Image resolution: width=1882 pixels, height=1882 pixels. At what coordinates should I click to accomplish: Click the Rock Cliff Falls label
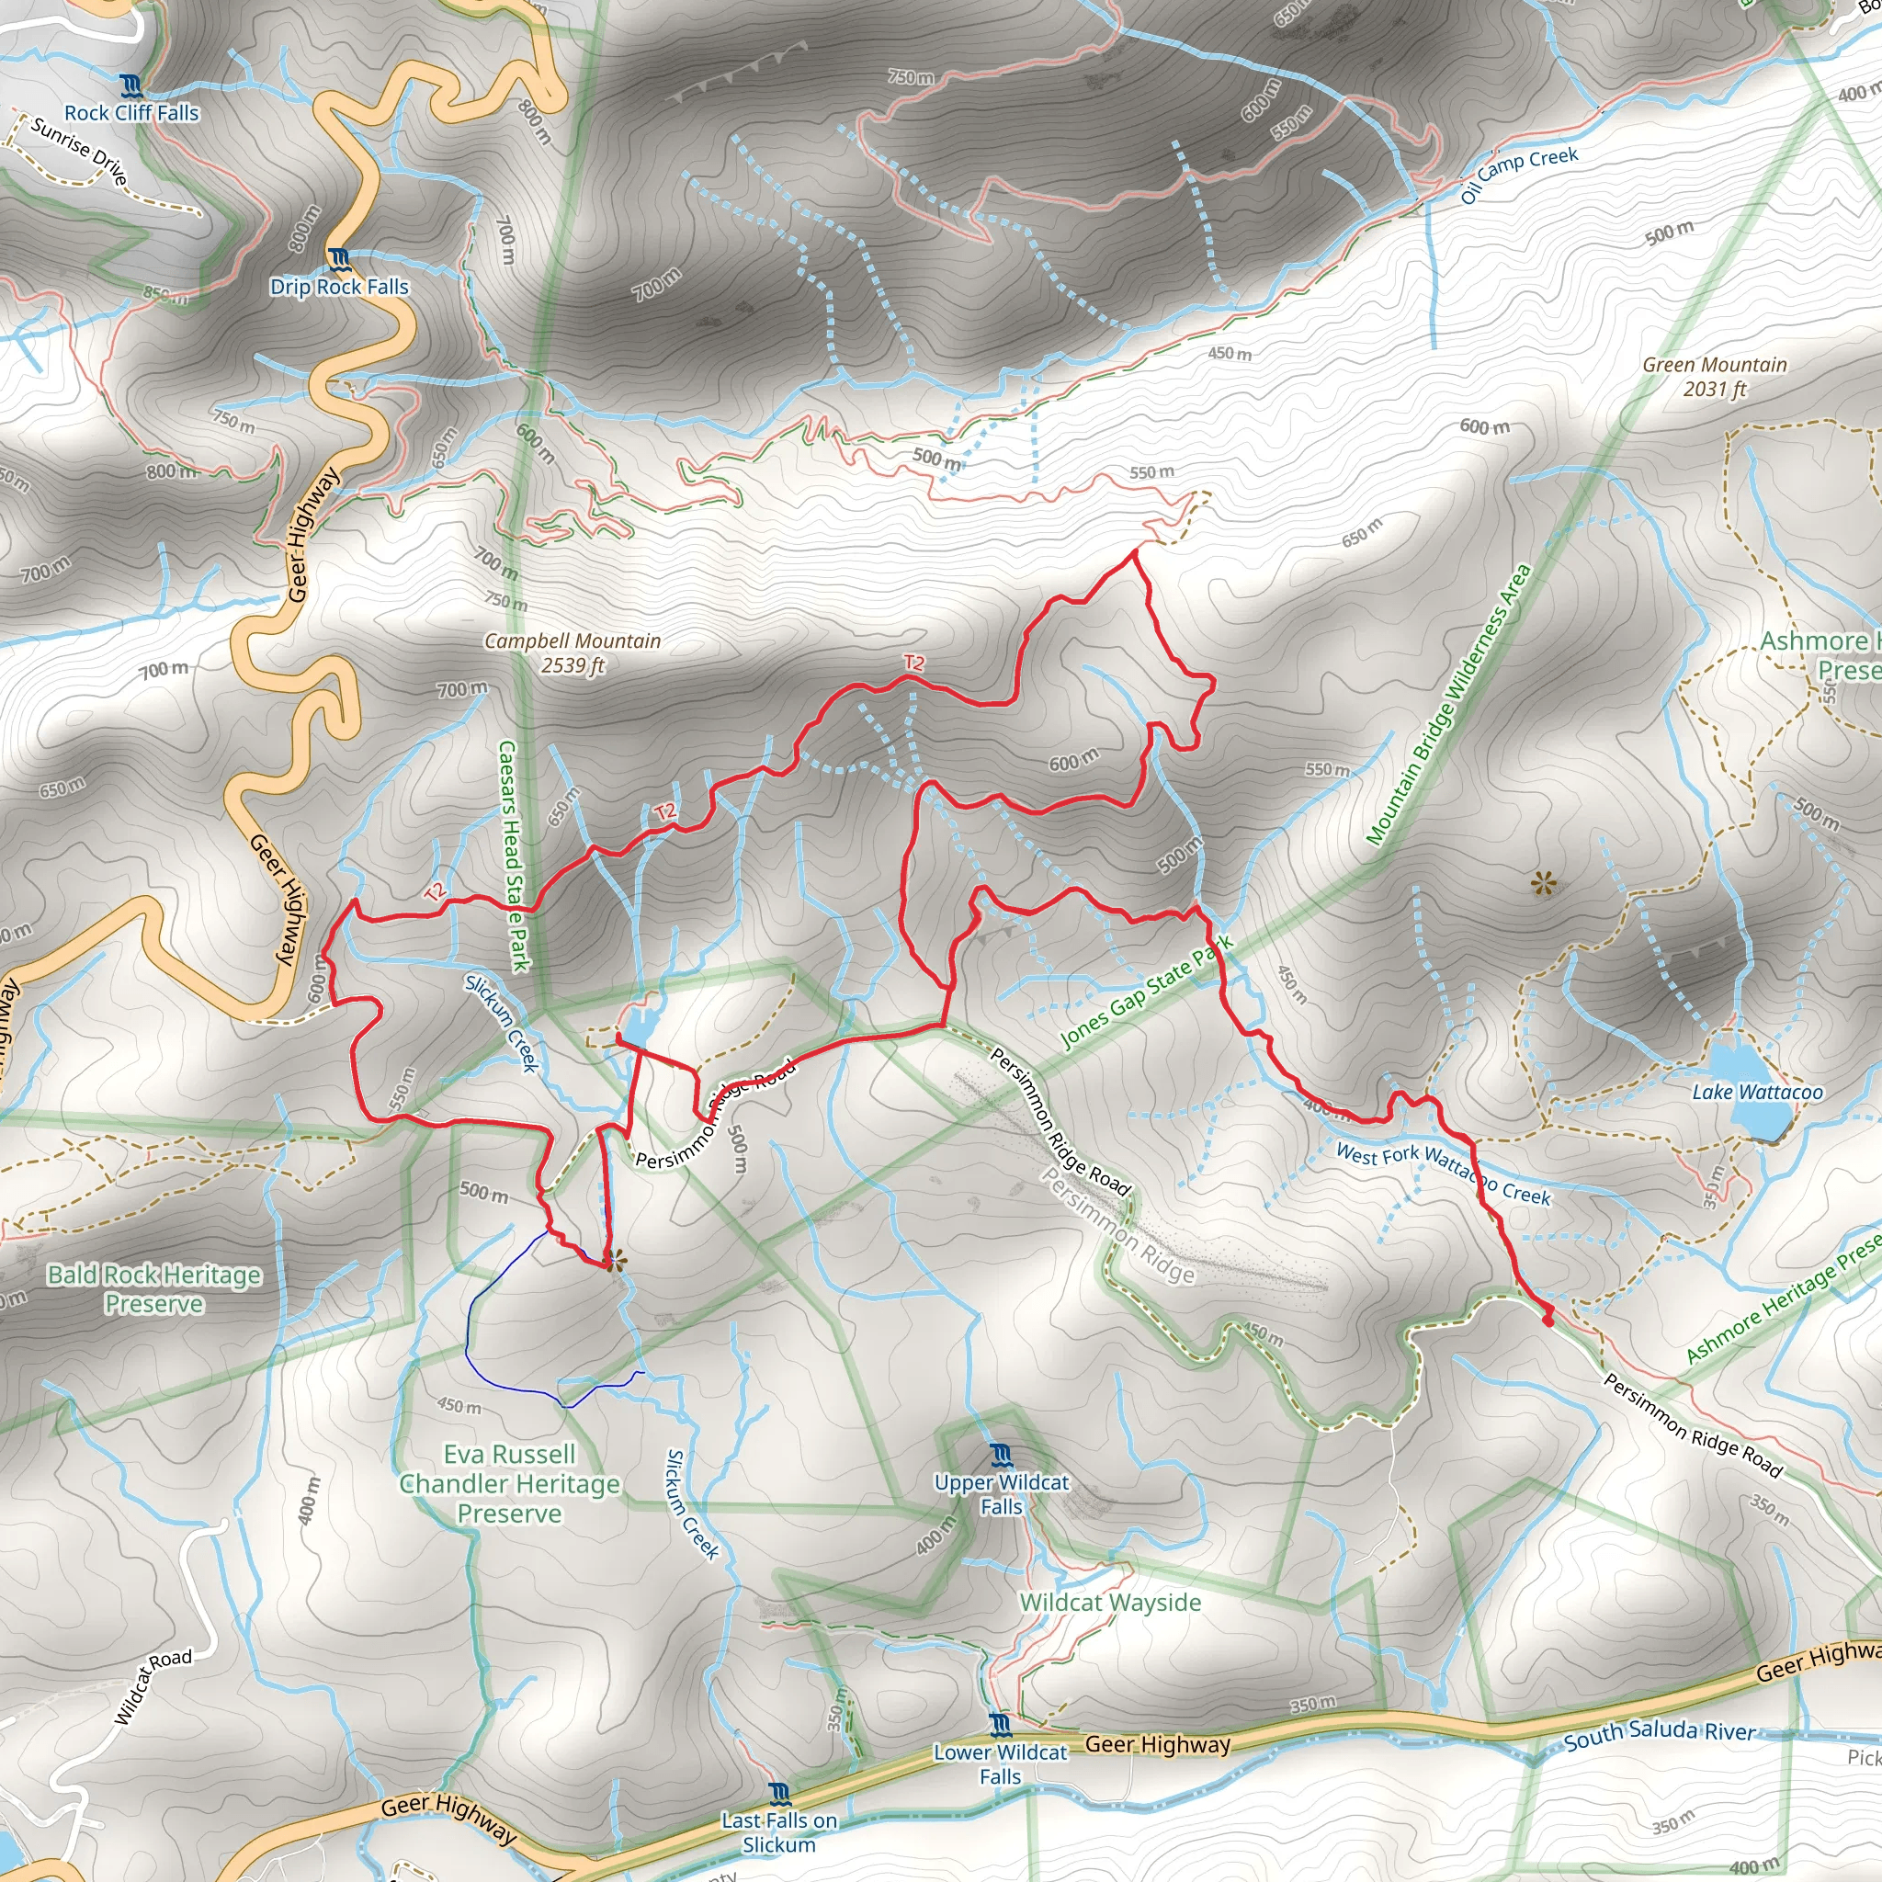click(x=131, y=113)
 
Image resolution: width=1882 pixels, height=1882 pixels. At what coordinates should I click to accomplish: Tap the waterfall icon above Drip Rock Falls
click(x=339, y=259)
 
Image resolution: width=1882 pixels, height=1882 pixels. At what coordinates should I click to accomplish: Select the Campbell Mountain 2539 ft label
click(x=573, y=652)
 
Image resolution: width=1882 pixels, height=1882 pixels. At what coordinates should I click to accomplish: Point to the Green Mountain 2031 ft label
click(x=1715, y=377)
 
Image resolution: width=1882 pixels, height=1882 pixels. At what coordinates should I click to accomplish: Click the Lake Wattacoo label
click(x=1757, y=1092)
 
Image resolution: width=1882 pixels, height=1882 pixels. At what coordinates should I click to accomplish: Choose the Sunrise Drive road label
click(x=79, y=151)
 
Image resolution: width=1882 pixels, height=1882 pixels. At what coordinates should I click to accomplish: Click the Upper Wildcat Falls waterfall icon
click(x=1002, y=1457)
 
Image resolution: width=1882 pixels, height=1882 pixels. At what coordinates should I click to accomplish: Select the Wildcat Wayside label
click(x=1109, y=1603)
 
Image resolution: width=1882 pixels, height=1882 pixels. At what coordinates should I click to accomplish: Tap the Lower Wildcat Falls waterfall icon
click(x=1001, y=1726)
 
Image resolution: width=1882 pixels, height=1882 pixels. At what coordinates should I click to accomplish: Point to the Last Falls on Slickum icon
click(x=778, y=1795)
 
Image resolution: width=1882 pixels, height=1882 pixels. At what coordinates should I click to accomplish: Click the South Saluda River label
click(x=1659, y=1734)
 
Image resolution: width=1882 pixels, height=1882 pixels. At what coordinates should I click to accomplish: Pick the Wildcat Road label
click(x=153, y=1686)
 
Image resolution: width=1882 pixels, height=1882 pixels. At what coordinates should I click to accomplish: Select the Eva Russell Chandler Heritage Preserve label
click(x=509, y=1483)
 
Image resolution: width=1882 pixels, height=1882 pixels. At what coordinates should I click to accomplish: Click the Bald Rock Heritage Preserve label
click(x=153, y=1288)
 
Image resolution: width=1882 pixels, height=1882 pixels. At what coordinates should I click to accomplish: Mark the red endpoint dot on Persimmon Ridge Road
click(x=1548, y=1321)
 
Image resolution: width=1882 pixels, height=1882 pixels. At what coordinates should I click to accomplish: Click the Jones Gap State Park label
click(x=1147, y=991)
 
